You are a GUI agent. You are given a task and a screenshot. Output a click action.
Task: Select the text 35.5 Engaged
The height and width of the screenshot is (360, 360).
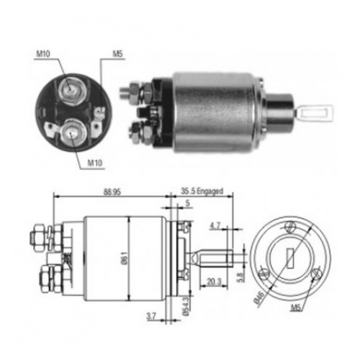202,192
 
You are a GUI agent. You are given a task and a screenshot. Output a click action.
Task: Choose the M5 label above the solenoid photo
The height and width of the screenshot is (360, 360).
117,53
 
